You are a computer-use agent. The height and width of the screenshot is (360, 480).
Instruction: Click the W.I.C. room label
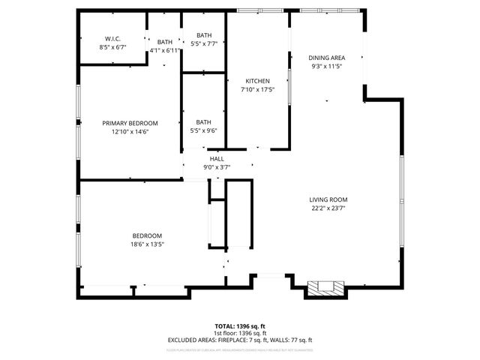point(113,38)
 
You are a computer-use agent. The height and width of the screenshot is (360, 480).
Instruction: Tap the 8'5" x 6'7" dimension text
point(113,46)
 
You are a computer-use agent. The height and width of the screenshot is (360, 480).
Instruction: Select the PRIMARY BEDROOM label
point(130,123)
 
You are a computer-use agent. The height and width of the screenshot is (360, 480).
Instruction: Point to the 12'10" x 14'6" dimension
point(130,132)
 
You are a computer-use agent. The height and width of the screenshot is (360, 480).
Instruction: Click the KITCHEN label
point(257,81)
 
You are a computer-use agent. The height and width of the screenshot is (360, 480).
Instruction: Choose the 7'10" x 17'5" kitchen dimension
point(257,90)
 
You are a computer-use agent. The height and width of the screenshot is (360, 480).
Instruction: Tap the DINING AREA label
point(327,58)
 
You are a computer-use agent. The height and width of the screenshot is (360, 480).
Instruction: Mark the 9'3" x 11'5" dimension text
point(327,67)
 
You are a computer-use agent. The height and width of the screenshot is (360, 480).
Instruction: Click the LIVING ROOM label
point(328,199)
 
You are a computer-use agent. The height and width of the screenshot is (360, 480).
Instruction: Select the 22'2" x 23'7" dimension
point(328,208)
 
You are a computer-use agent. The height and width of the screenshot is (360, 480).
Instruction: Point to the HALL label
point(217,159)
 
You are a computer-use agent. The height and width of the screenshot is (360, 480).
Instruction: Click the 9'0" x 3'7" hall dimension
point(217,167)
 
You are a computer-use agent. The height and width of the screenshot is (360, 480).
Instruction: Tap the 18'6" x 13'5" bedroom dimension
point(148,244)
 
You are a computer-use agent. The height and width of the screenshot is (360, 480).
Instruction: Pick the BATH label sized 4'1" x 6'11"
point(165,42)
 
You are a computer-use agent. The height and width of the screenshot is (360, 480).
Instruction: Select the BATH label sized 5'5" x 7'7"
point(204,34)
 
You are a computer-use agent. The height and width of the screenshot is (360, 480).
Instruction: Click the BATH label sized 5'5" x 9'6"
point(204,122)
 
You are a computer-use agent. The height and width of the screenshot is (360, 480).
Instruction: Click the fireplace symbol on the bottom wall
point(325,286)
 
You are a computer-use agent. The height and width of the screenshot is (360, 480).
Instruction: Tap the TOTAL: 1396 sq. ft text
point(240,327)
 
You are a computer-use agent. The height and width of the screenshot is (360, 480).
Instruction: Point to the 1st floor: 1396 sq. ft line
point(240,334)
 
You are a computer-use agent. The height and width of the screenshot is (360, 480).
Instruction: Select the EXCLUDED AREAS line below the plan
point(240,340)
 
